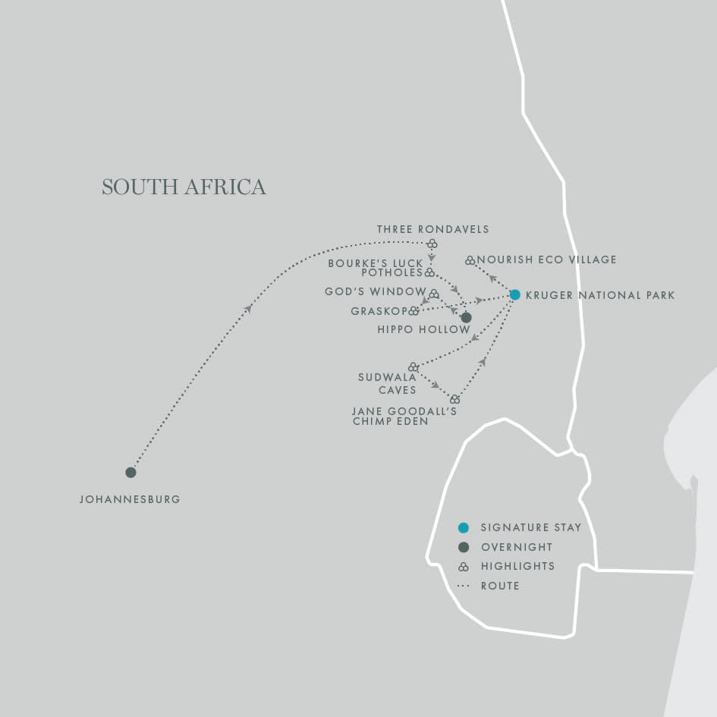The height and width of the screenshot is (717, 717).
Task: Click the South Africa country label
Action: coord(184,187)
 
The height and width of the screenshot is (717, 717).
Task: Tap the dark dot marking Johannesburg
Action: coord(131,472)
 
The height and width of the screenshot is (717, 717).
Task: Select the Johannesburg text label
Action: coord(130,500)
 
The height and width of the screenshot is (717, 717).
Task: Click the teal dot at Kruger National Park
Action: coord(514,294)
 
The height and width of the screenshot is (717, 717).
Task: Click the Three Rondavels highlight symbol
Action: coord(432,244)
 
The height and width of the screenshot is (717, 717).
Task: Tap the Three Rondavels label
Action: coord(432,229)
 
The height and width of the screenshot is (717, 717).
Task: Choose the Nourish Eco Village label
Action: coord(546,259)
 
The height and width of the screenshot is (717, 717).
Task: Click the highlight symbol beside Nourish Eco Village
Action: coord(470,260)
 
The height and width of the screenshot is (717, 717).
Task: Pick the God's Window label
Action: coord(375,291)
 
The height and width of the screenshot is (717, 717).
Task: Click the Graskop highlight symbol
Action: coord(414,310)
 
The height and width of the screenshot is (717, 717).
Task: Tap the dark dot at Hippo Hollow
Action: coord(466,317)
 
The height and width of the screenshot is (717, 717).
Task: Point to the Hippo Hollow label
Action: coord(423,330)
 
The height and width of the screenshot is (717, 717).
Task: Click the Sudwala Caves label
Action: coord(387,383)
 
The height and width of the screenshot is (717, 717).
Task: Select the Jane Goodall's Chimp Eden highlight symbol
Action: coord(454,398)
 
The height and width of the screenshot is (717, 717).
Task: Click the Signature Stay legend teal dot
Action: coord(464,527)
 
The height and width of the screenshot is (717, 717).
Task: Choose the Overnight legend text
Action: coord(516,547)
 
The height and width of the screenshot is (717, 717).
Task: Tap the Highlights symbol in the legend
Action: coord(464,566)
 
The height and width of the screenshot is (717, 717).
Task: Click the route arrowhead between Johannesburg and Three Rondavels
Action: coord(248,308)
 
